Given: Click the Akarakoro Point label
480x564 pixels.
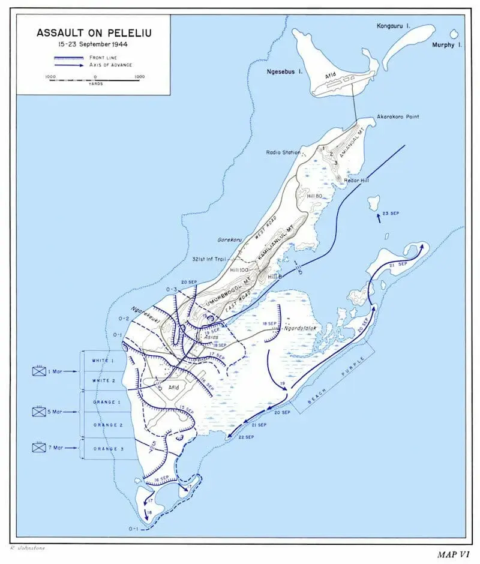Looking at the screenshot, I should [398, 116].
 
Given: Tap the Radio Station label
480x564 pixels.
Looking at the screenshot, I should [283, 152].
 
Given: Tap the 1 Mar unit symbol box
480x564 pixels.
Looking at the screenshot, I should [40, 371].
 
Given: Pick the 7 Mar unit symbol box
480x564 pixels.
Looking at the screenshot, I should [40, 448].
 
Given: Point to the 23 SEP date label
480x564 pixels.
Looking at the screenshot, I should [391, 214].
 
